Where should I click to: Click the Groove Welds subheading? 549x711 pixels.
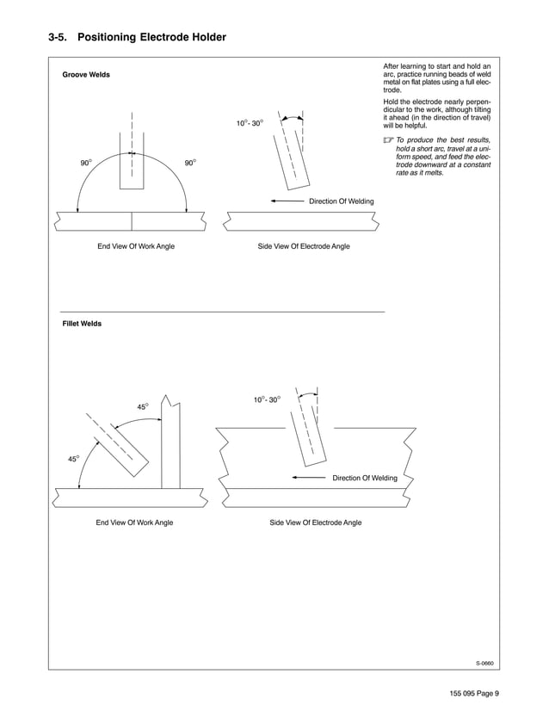86,75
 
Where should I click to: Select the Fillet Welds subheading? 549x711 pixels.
82,324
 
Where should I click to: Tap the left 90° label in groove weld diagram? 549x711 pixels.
86,163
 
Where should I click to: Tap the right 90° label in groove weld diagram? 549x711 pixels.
191,163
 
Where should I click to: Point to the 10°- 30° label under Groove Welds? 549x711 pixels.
250,123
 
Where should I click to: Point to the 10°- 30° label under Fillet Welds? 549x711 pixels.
266,400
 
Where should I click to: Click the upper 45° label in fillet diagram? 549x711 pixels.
143,406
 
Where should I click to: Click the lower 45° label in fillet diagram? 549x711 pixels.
74,459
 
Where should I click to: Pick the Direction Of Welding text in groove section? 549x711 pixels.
341,201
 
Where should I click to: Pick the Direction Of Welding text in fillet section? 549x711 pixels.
365,478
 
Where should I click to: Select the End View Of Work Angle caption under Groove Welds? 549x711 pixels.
136,246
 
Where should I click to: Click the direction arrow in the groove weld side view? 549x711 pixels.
286,201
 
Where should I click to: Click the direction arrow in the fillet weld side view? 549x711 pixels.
310,478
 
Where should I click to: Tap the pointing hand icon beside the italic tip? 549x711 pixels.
388,141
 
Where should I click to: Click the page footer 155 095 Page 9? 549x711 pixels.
473,694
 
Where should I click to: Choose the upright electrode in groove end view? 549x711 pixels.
132,168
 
